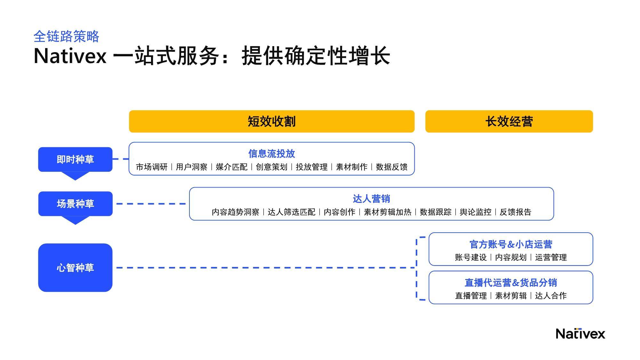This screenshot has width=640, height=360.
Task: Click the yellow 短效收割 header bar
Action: click(272, 121)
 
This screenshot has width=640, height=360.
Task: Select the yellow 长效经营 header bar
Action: click(509, 121)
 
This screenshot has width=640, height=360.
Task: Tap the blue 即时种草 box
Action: click(75, 159)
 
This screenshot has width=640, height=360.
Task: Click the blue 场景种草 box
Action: click(75, 204)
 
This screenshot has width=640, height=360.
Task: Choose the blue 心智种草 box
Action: click(75, 268)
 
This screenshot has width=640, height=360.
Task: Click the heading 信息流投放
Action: click(272, 154)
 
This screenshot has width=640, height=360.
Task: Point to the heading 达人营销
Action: click(372, 199)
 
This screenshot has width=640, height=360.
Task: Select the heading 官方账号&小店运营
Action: click(511, 244)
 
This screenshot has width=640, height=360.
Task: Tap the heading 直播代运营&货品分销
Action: click(511, 283)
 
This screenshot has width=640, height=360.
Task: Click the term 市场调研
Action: click(152, 167)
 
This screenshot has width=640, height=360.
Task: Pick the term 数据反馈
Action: click(392, 167)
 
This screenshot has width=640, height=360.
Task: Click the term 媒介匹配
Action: click(232, 167)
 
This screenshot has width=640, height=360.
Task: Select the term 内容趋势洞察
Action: click(236, 212)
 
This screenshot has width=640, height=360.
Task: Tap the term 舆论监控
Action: click(476, 212)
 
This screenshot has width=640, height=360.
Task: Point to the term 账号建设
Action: click(471, 258)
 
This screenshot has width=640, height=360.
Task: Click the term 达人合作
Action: click(551, 296)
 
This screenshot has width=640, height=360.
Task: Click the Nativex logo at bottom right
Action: click(580, 333)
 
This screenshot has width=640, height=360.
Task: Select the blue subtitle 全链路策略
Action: click(66, 36)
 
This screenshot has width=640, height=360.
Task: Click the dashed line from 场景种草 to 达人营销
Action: click(151, 204)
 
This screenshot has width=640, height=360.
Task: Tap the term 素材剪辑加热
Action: click(388, 212)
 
